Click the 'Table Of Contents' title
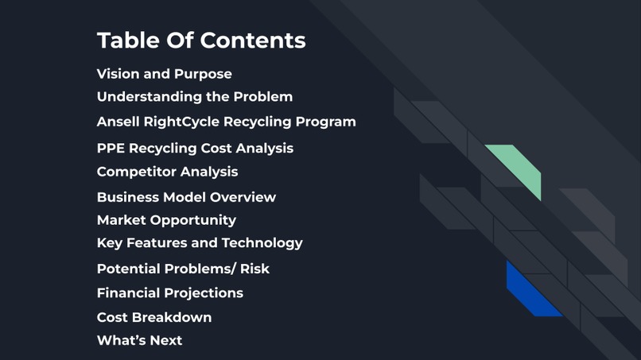pos(201,41)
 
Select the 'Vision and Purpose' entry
pos(165,74)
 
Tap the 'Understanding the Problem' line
pos(195,97)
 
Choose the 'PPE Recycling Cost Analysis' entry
pos(195,149)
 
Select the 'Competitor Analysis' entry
pos(167,172)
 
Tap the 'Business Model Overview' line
pos(186,197)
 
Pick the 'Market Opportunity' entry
pos(166,220)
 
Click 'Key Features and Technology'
pos(200,243)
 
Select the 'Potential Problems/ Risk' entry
pos(183,269)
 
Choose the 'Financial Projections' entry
pos(170,293)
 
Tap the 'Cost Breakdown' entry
pos(154,317)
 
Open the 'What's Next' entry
pos(139,340)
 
